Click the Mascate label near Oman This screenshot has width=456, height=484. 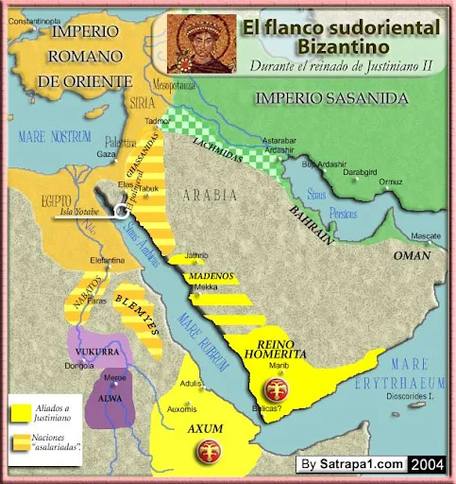tap(429, 235)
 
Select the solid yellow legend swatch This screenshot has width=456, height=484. tap(16, 411)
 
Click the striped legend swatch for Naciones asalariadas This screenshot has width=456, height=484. tap(16, 441)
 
